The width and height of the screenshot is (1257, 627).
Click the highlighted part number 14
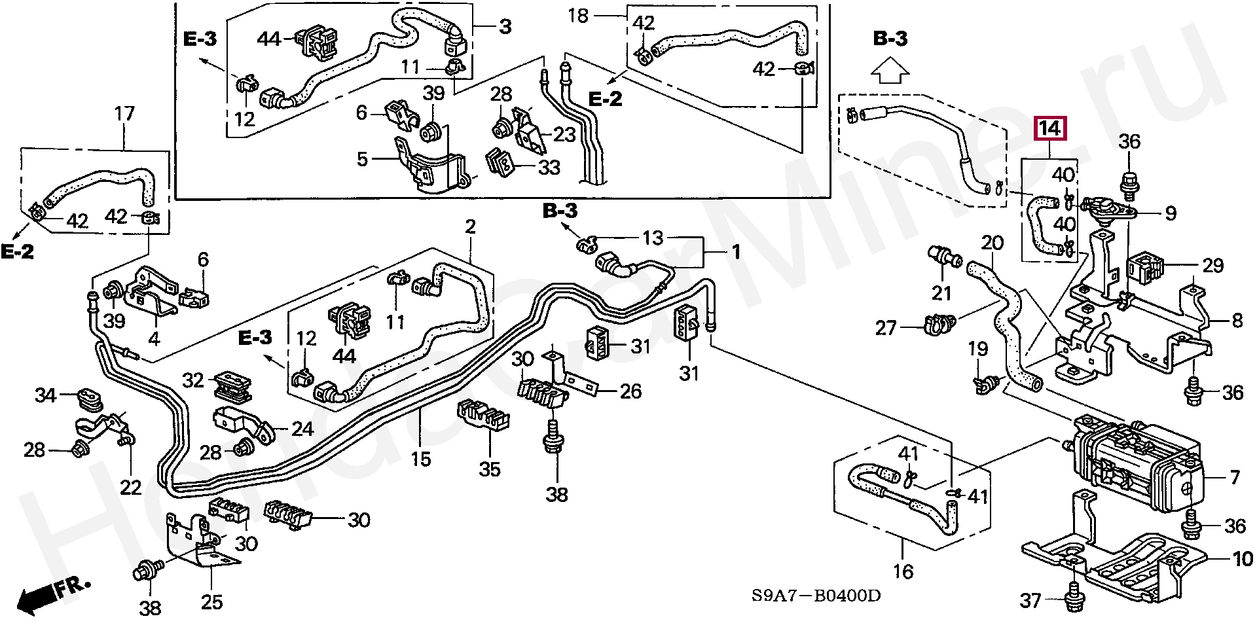tap(1050, 128)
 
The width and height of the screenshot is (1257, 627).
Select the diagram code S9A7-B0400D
tap(815, 596)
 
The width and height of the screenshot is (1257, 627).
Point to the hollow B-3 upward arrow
tap(890, 70)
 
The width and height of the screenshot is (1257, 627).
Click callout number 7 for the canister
tap(1235, 478)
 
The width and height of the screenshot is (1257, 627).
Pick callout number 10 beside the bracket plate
tap(1243, 559)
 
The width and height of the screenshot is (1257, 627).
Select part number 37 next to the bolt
tap(1030, 600)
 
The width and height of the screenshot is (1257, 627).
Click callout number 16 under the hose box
tap(903, 571)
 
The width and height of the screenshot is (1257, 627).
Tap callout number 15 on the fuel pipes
tap(420, 459)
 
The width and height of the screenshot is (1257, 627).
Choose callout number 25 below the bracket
tap(211, 602)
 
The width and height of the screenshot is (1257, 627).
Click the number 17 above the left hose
tap(124, 114)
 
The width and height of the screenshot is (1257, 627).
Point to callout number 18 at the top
tap(578, 15)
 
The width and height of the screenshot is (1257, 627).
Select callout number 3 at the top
tap(505, 27)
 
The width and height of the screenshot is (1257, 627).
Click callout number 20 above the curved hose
tap(992, 243)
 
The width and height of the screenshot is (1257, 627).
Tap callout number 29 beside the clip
tap(1212, 265)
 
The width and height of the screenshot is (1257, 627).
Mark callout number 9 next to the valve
tap(1171, 213)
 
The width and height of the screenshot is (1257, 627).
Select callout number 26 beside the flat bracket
tap(630, 391)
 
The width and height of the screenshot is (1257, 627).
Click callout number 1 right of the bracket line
tap(736, 252)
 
